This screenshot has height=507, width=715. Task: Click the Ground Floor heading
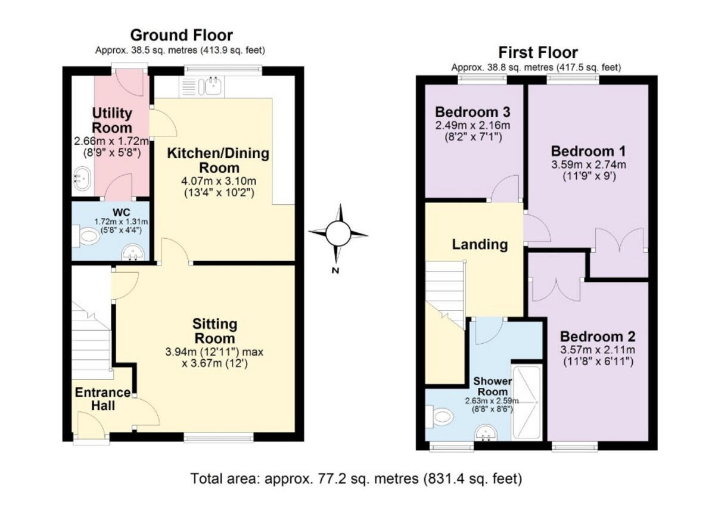tap(181, 35)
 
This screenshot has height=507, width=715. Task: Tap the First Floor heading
tap(538, 52)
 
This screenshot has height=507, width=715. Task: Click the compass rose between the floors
tap(338, 233)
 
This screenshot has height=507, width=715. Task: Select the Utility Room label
tap(112, 120)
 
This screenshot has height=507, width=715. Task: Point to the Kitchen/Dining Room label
tap(217, 160)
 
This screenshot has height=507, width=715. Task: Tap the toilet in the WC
tap(88, 238)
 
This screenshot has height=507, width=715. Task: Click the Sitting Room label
tap(214, 332)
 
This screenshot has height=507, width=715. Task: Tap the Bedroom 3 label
tap(472, 112)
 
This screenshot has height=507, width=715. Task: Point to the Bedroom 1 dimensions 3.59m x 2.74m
tap(589, 165)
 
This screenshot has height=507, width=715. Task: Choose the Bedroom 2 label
tap(598, 335)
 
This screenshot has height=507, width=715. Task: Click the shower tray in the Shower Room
tap(527, 402)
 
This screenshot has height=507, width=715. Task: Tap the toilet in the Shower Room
tap(441, 415)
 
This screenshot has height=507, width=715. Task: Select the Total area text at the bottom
tap(356, 478)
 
